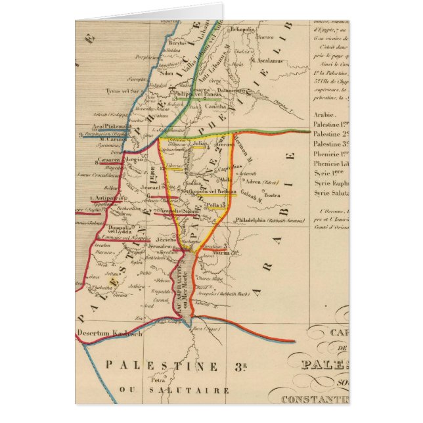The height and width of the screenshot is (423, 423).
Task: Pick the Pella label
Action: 211,205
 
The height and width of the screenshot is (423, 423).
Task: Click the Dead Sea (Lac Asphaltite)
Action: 187,286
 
